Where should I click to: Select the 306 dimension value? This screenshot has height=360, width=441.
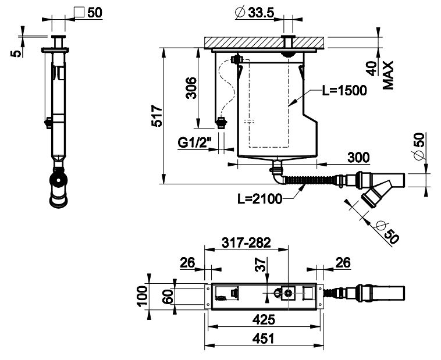(191, 88)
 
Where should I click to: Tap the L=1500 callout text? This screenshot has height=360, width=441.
(344, 91)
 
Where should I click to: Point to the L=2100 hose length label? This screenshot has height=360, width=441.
(259, 199)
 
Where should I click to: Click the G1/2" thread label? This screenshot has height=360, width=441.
(194, 143)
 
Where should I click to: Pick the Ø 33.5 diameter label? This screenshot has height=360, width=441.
(254, 13)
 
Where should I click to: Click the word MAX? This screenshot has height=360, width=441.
(388, 76)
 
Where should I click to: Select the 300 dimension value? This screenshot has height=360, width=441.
(358, 157)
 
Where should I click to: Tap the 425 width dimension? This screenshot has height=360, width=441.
(264, 319)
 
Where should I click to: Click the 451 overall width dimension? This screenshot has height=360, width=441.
(263, 338)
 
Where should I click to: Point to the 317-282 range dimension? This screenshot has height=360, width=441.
(246, 243)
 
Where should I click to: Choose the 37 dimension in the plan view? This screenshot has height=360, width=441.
(261, 265)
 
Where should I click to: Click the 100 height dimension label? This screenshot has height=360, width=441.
(141, 295)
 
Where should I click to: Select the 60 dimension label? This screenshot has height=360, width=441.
(169, 297)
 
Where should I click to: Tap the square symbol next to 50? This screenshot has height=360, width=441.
(79, 12)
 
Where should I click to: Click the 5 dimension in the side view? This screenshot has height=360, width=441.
(16, 54)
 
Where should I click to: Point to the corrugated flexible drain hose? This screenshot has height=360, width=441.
(309, 180)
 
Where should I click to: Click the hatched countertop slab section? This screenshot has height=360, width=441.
(264, 43)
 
